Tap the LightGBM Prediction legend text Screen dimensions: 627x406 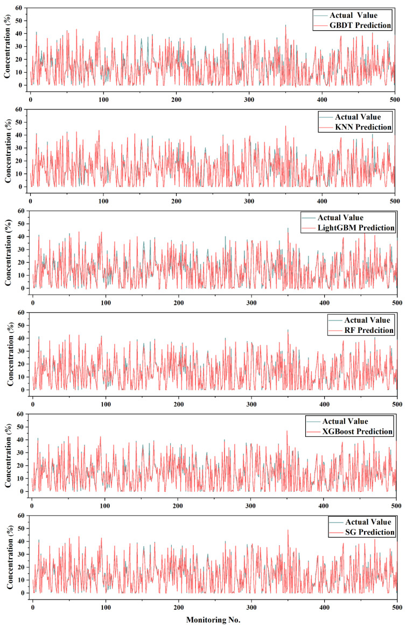tap(356, 228)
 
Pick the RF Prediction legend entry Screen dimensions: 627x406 tap(365, 330)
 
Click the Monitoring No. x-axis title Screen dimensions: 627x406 tap(214, 619)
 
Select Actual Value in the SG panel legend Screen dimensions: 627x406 tap(362, 522)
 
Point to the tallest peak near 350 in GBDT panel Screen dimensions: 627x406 tap(286, 25)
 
